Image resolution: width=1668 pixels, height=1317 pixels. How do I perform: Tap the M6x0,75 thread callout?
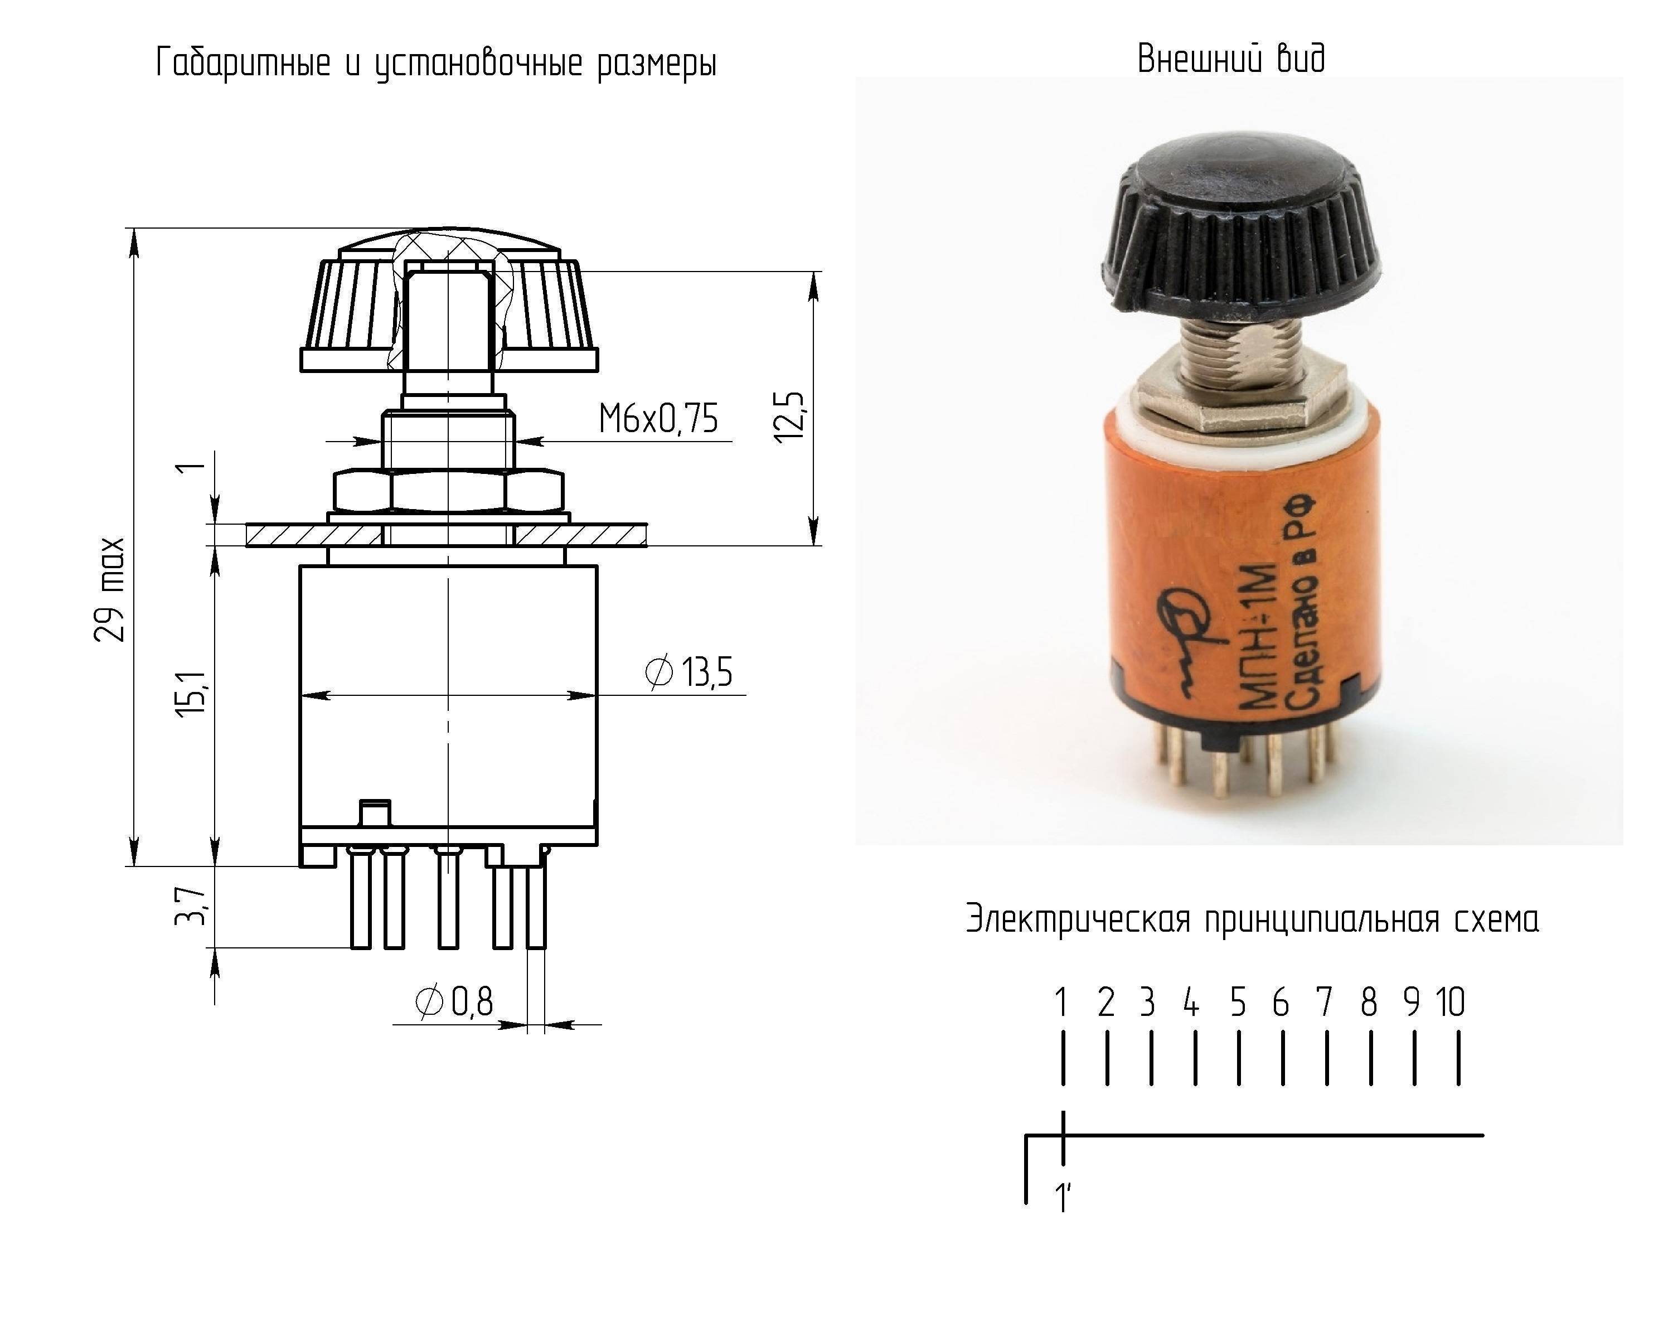[658, 419]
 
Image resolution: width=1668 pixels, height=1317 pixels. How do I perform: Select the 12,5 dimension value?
[789, 417]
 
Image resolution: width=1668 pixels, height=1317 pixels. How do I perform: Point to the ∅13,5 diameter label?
[688, 672]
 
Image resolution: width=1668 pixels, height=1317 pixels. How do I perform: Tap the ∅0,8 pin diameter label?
[454, 1003]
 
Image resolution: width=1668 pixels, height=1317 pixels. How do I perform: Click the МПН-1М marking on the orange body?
[1261, 637]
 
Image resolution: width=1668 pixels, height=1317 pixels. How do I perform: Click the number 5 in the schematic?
[1238, 1003]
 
